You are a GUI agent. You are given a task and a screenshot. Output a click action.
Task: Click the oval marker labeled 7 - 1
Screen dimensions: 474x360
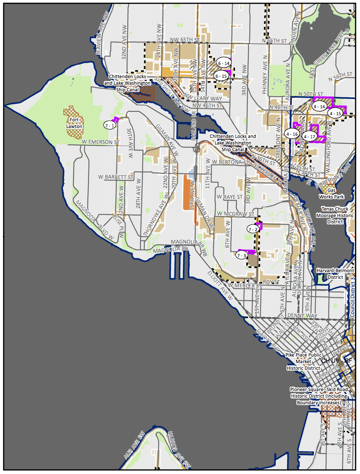pos(110,125)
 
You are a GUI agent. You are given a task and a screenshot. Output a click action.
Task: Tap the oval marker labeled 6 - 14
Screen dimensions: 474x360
pos(224,63)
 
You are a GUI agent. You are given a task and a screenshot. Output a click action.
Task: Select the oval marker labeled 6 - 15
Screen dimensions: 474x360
pos(221,76)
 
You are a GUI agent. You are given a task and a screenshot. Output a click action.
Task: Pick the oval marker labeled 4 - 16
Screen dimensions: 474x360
pos(292,134)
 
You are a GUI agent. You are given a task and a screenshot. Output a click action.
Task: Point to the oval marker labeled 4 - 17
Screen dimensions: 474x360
pos(310,136)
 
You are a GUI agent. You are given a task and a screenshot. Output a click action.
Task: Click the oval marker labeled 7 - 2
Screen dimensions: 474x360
pos(253,229)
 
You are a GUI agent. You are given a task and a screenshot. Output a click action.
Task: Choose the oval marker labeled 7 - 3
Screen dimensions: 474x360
pos(242,255)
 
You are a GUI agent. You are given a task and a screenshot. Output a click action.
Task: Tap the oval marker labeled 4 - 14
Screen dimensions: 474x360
pos(319,106)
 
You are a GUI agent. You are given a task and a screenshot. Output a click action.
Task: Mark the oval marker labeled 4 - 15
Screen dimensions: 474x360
pos(335,113)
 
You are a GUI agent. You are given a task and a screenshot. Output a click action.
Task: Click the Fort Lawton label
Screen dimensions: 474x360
pos(74,123)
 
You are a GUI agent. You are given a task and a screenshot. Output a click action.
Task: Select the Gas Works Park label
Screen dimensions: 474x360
pos(331,193)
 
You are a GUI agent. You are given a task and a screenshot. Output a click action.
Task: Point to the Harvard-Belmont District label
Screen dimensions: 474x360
pos(335,274)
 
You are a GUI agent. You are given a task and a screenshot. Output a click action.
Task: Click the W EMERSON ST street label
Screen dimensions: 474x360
pos(100,142)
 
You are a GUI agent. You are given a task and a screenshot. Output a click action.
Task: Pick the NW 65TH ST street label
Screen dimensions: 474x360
pos(185,40)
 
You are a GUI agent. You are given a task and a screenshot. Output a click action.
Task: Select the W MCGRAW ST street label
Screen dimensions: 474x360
pos(235,214)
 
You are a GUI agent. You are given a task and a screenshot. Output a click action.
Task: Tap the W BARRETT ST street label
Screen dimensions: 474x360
pos(116,177)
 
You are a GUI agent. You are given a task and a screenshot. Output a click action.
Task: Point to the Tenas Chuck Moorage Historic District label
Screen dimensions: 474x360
pos(335,215)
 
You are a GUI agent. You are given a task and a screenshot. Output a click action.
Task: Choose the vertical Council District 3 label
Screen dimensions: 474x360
pos(352,297)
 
